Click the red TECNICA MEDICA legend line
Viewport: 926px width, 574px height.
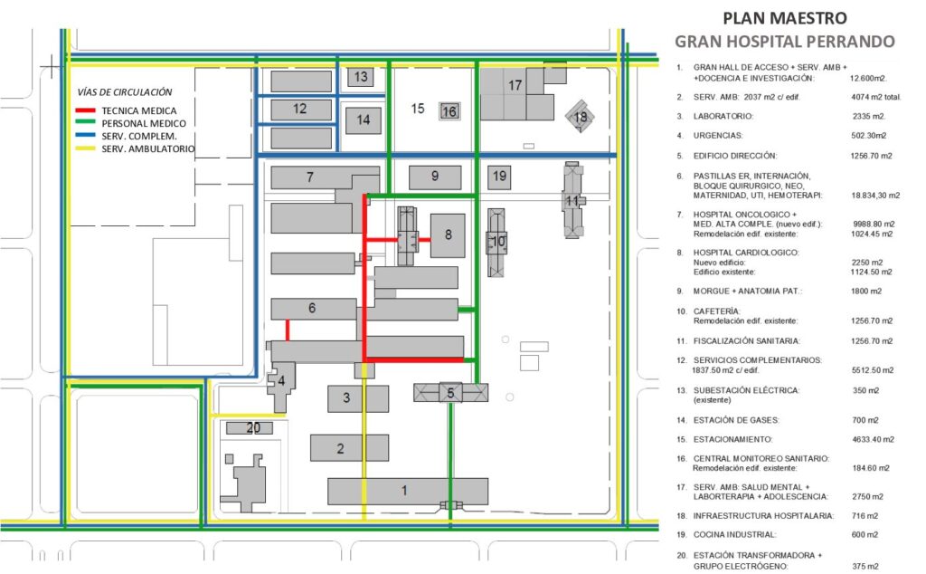click(x=85, y=110)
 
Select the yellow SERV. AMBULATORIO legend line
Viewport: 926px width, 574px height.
click(x=85, y=148)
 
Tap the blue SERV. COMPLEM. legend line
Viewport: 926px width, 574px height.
click(x=85, y=136)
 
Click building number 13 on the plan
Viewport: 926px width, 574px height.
click(x=360, y=76)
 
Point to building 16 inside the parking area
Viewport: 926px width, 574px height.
click(x=449, y=111)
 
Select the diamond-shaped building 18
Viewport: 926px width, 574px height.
click(x=580, y=117)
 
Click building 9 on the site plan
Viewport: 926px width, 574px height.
click(x=435, y=177)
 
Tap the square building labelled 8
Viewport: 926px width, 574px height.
click(x=448, y=235)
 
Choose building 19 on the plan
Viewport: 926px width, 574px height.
click(x=499, y=177)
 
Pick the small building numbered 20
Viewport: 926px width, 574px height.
click(x=250, y=427)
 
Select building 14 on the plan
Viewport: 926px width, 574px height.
click(x=364, y=120)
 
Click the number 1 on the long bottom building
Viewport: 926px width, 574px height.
click(x=404, y=490)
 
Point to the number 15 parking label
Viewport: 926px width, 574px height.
click(x=418, y=109)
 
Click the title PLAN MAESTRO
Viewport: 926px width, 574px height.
click(x=785, y=18)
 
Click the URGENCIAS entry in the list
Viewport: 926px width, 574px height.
click(x=717, y=136)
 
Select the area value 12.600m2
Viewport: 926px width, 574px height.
click(x=868, y=78)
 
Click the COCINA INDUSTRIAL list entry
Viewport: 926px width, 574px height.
click(x=734, y=534)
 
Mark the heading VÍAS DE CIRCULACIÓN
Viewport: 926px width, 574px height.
click(x=125, y=92)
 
